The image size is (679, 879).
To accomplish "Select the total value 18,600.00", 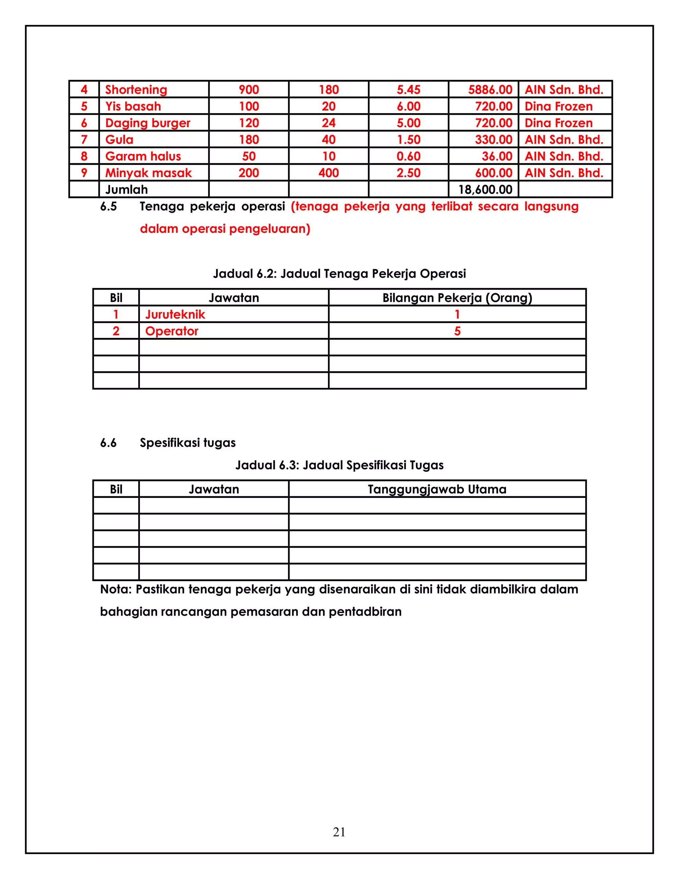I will click(485, 189).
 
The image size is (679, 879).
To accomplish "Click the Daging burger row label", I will click(148, 123).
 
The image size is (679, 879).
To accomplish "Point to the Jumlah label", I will click(126, 189).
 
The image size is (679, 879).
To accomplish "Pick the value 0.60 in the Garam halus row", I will click(408, 156).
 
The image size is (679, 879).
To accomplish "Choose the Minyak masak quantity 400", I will click(328, 173).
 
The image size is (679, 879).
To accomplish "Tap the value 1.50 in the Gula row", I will click(408, 140).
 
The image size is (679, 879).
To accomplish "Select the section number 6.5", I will click(108, 206).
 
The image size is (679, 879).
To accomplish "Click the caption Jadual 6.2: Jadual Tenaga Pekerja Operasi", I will click(339, 274).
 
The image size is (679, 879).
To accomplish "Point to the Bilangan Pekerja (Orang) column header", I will click(457, 298).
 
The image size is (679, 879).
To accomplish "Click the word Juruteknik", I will click(175, 314).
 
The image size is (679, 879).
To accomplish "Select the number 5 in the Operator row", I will click(457, 331).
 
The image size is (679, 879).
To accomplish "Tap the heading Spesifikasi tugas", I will click(187, 443).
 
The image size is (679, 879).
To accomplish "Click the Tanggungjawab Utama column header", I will click(437, 489).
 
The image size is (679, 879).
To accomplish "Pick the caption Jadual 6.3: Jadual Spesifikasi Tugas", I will click(339, 465).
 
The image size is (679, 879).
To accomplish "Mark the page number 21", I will click(339, 832).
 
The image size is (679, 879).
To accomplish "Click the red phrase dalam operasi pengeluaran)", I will click(225, 229).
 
